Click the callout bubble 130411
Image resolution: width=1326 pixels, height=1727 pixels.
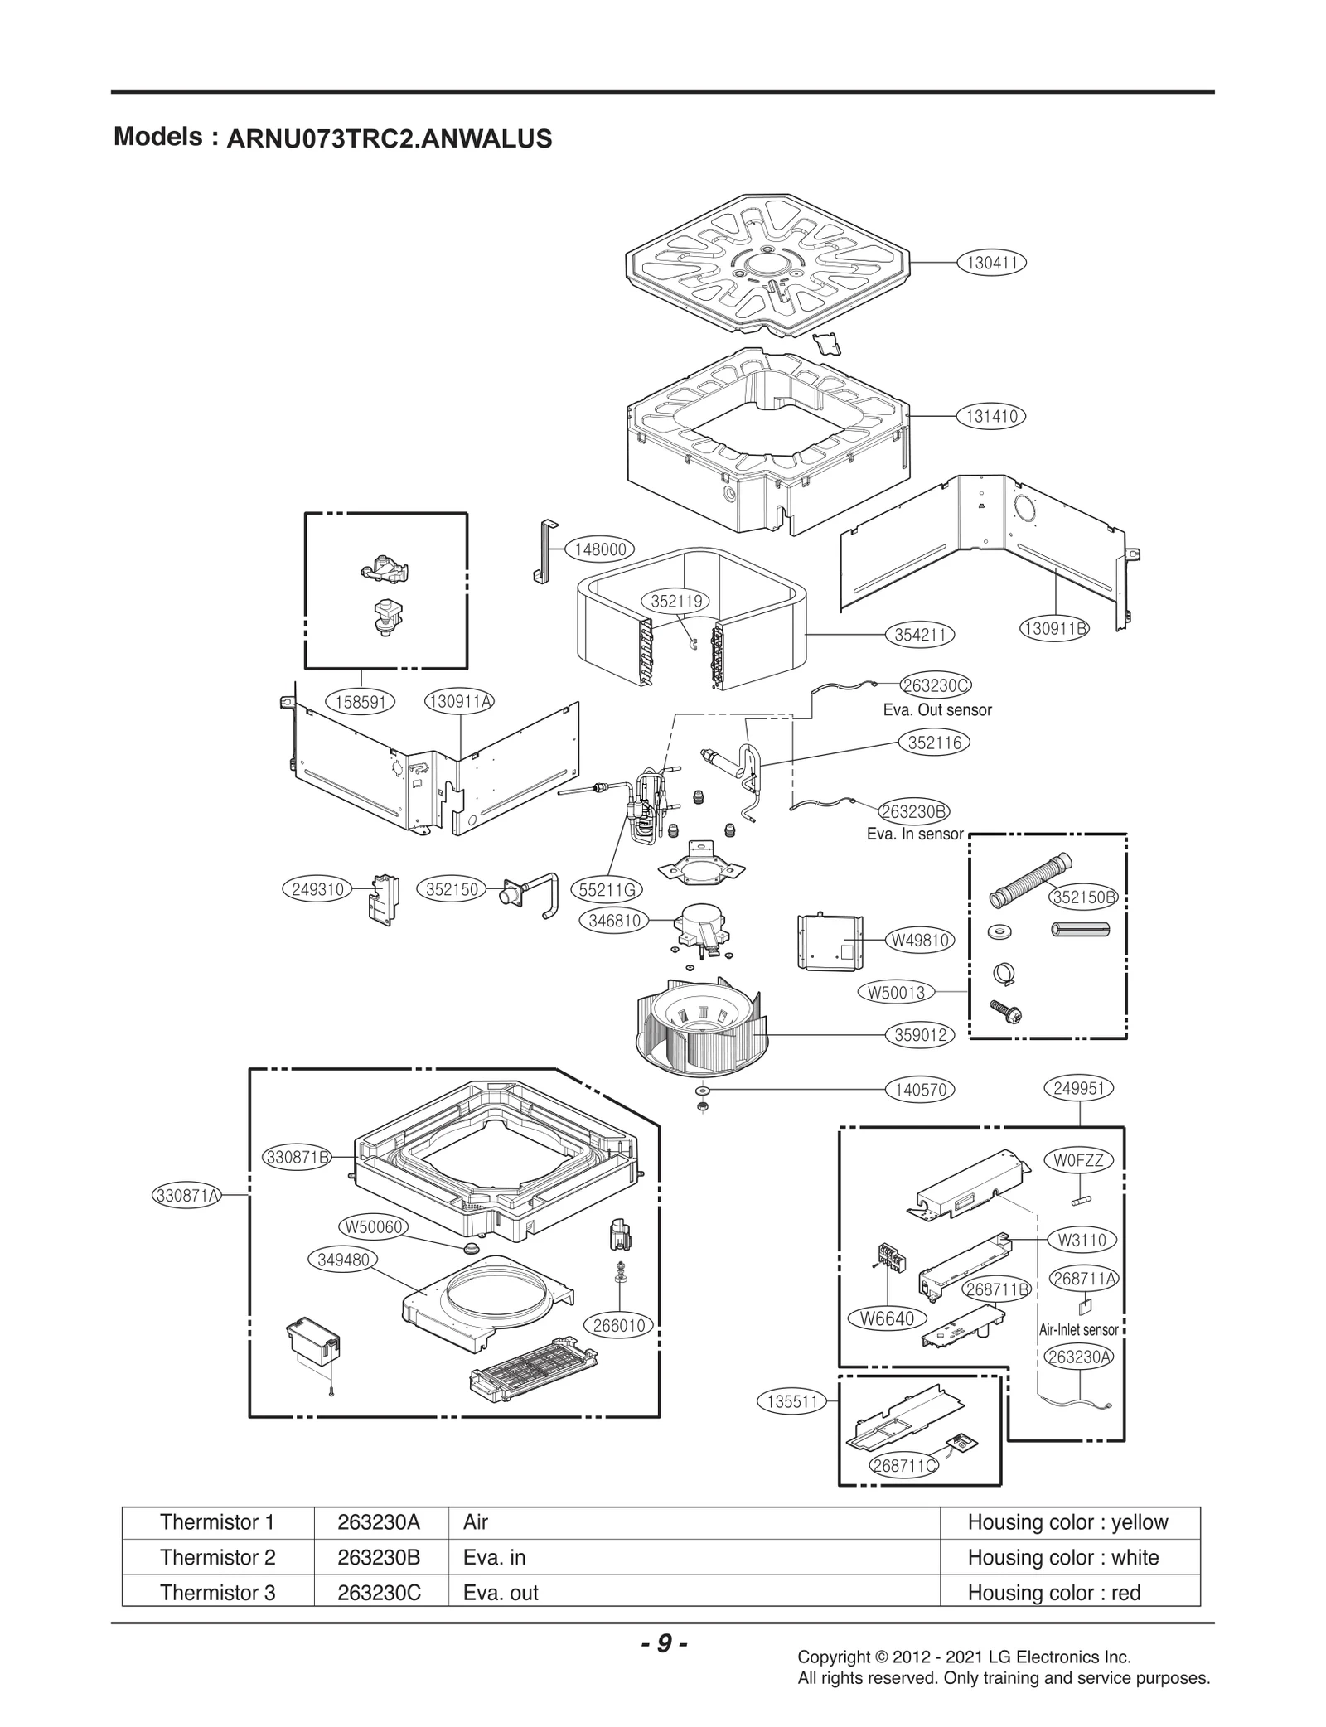(992, 263)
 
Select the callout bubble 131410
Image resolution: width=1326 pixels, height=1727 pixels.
(992, 416)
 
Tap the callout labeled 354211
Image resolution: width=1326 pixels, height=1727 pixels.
(919, 635)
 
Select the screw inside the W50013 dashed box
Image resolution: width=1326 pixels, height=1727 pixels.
(1006, 1011)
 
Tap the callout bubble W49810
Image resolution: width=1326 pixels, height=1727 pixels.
(919, 940)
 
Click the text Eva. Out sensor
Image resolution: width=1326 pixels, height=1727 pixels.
(936, 709)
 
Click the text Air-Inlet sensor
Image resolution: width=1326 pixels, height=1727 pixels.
(1078, 1329)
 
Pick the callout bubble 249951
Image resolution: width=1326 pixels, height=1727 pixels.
(1078, 1088)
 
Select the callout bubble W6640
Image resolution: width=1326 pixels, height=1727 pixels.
(888, 1318)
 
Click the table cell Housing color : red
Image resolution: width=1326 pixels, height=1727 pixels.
(1053, 1593)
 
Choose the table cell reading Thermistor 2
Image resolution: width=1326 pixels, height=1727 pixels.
(217, 1557)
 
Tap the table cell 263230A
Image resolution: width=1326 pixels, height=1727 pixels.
(379, 1522)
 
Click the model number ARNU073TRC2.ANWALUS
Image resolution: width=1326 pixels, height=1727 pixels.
(389, 138)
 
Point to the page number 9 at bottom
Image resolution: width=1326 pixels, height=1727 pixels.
(663, 1643)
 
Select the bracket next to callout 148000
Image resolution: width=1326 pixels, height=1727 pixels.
(544, 553)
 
